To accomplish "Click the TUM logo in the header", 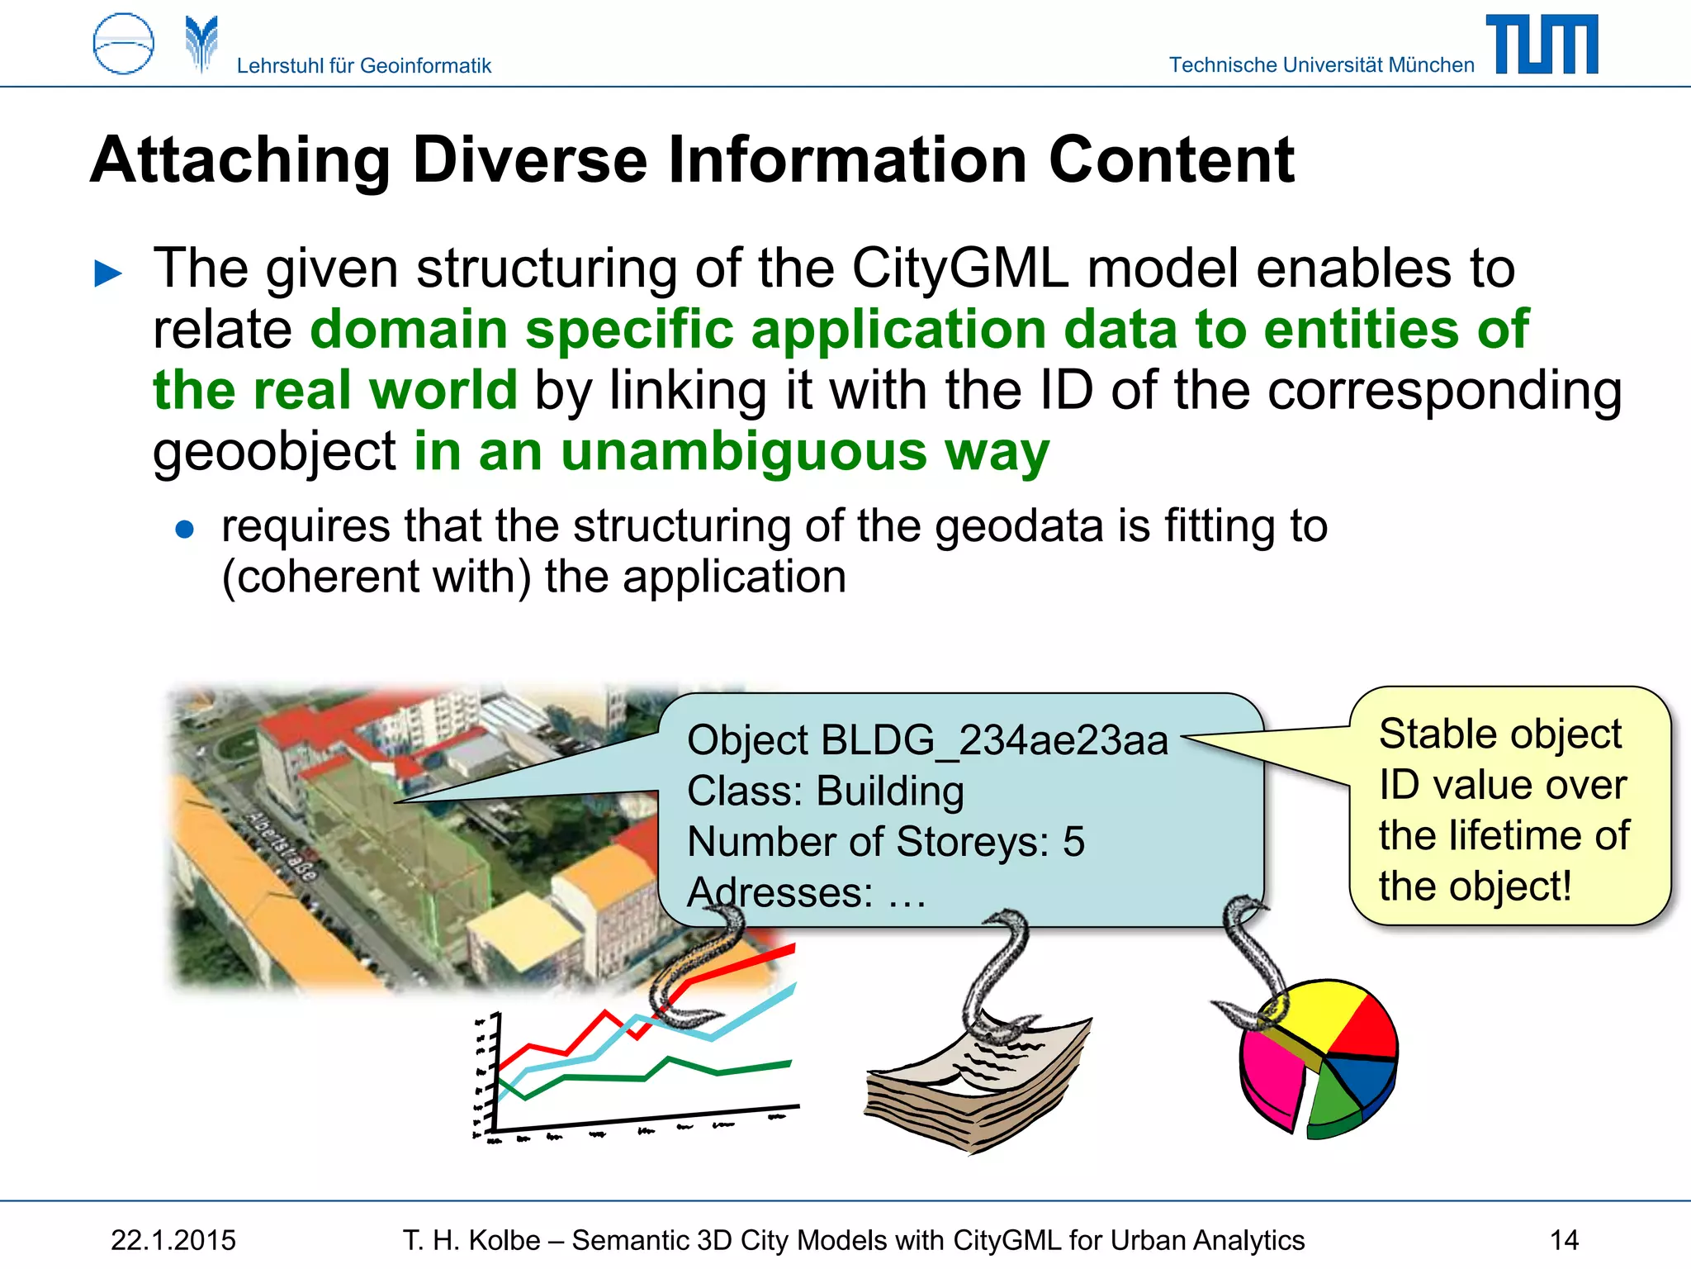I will tap(1542, 45).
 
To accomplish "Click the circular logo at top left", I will tap(123, 44).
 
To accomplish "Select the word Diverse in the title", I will tap(529, 159).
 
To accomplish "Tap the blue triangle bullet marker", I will tap(108, 273).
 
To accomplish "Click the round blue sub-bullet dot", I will tap(185, 529).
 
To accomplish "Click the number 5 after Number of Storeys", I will tap(1073, 842).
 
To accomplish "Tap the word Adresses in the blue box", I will tap(779, 892).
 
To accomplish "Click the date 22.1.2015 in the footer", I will tap(173, 1240).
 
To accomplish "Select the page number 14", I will tap(1564, 1240).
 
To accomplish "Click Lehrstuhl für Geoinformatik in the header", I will tap(363, 65).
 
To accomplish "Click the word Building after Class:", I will tap(889, 791).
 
